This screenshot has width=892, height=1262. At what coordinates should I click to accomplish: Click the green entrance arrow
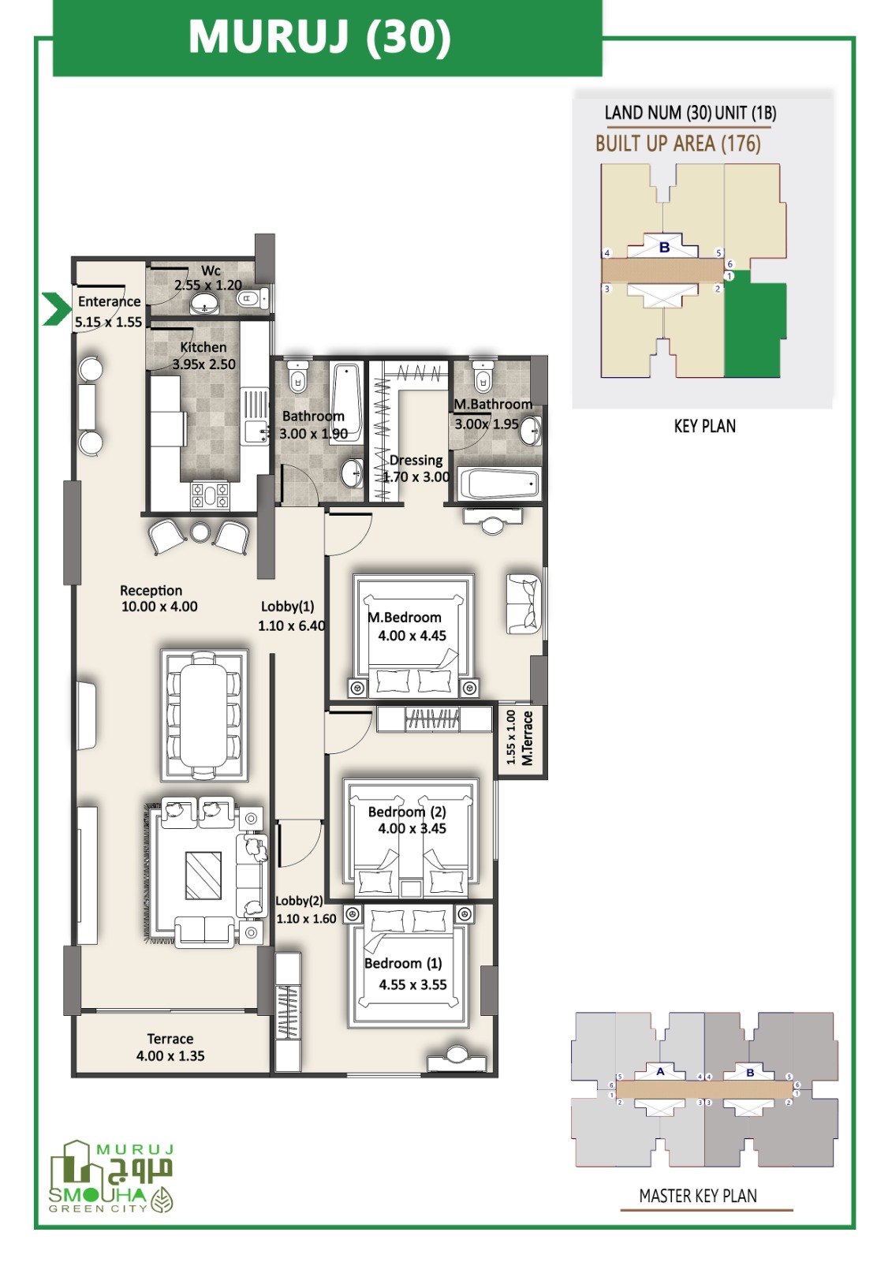(57, 309)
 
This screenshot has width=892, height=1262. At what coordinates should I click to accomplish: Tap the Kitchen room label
(203, 347)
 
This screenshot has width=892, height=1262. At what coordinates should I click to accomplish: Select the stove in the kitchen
(210, 496)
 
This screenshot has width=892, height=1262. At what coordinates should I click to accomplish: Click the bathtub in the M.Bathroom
(498, 483)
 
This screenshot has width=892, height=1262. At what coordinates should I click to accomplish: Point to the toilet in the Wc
(253, 299)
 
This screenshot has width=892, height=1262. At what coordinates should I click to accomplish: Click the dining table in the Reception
(204, 715)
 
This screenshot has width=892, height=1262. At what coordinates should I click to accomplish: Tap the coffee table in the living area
(203, 875)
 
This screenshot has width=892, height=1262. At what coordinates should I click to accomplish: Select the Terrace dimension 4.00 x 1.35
(170, 1056)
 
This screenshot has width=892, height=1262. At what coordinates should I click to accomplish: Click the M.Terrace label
(528, 738)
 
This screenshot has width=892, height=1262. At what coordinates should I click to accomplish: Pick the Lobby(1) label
(287, 607)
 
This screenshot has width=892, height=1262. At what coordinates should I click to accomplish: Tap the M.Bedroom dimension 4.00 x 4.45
(412, 636)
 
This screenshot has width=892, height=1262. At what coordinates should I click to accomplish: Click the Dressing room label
(416, 461)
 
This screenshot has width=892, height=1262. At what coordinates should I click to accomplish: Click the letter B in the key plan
(664, 247)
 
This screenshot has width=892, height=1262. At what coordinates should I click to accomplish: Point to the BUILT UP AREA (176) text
(678, 144)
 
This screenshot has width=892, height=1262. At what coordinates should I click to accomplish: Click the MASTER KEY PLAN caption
(698, 1196)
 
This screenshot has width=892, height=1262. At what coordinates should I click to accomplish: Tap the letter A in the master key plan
(660, 1072)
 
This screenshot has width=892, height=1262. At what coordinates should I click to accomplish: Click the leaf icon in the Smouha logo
(162, 1200)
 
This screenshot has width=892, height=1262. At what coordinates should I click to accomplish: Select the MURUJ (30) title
(320, 37)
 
